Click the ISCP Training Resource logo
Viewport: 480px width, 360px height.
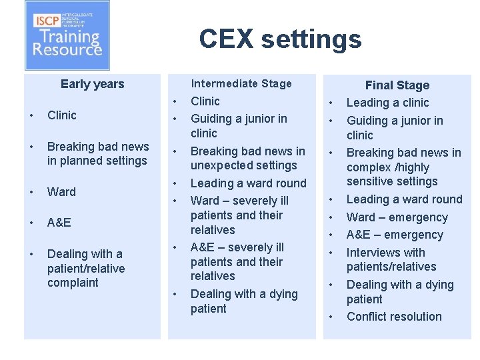67,35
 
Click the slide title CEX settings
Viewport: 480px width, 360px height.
280,39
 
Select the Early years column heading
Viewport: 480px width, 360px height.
92,84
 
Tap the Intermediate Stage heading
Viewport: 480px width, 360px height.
241,83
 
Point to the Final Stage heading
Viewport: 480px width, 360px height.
397,85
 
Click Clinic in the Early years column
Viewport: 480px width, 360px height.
62,115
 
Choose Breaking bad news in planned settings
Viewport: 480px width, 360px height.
98,153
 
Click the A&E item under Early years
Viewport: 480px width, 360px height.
59,223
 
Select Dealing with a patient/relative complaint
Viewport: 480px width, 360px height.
85,268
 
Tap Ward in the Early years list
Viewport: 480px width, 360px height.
61,192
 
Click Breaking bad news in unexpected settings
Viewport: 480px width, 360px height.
247,158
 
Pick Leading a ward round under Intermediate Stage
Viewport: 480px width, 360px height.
248,183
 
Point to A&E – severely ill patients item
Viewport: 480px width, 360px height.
237,261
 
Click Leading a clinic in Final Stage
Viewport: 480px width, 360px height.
387,103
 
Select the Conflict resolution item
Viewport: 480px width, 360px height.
394,317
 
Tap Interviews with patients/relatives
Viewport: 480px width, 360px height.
391,259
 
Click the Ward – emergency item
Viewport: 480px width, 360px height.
397,217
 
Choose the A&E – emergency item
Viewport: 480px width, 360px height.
395,235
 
